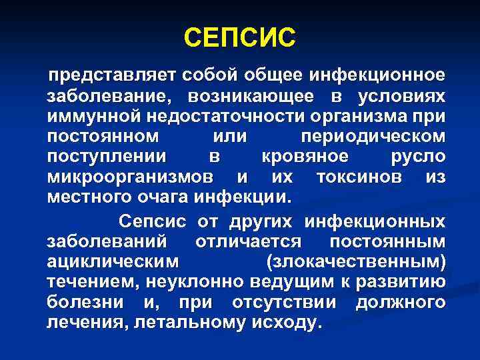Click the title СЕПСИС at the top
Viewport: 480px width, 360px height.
(x=239, y=37)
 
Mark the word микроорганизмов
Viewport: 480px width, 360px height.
(x=131, y=177)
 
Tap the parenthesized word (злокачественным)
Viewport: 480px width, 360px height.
(x=355, y=262)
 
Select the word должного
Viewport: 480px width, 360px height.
(x=400, y=303)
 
